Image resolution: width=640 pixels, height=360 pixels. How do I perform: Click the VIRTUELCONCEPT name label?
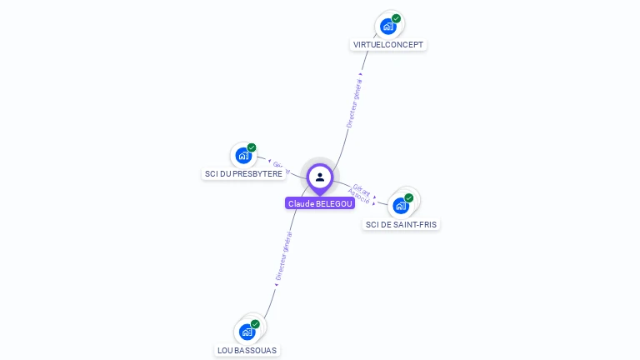(388, 44)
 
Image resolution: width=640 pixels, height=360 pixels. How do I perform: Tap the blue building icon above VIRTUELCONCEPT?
(387, 27)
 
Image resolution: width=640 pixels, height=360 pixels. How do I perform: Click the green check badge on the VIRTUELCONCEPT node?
(397, 18)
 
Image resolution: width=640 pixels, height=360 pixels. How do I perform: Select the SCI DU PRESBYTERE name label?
(243, 173)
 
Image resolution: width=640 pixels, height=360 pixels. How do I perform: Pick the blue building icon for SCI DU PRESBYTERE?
(243, 156)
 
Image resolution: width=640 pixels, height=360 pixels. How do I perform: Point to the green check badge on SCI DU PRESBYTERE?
(252, 147)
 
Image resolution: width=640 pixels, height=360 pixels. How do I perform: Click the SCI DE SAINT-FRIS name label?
(401, 224)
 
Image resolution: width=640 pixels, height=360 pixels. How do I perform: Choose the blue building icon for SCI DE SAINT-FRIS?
(401, 206)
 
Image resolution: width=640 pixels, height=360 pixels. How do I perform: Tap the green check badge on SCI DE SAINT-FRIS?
(409, 197)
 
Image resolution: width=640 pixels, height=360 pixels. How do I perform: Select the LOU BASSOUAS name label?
(247, 350)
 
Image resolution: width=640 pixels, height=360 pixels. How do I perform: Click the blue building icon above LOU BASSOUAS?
(247, 332)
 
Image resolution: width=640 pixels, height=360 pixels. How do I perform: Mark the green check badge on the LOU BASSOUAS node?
(255, 323)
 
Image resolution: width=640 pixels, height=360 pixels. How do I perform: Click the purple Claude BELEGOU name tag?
(320, 203)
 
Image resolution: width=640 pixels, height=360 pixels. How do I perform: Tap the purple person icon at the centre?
(320, 177)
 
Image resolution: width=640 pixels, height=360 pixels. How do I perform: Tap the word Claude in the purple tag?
(301, 203)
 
